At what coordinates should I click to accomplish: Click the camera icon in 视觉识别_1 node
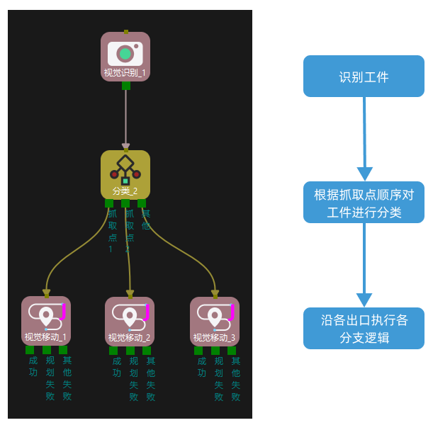coord(125,53)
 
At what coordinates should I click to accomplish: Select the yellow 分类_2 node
coord(125,174)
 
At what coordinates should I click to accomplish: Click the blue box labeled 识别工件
coord(364,77)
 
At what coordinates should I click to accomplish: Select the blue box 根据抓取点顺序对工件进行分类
coord(364,202)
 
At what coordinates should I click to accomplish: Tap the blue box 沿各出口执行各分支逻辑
coord(364,328)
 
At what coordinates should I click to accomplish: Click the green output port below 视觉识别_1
coord(125,86)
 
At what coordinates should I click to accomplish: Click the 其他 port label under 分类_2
coord(146,219)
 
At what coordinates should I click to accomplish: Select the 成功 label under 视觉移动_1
coord(33,366)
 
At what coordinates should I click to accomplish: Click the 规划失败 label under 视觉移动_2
coord(133,378)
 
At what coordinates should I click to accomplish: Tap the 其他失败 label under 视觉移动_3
coord(235,378)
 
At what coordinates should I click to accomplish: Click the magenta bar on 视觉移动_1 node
coord(64,310)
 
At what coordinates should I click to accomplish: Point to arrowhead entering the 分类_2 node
coord(125,147)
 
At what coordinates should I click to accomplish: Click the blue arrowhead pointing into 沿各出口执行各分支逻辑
coord(364,300)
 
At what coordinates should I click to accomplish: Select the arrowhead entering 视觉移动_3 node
coord(215,293)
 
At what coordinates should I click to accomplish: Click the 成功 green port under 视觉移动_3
coord(198,350)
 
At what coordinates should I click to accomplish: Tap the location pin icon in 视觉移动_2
coord(130,315)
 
